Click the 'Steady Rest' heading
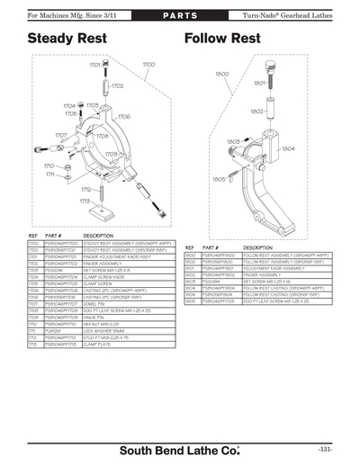pos(67,39)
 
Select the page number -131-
pos(324,450)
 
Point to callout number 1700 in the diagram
pos(148,64)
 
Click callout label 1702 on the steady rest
pos(117,86)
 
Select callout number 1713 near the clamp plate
pos(85,201)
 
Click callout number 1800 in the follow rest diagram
pos(221,74)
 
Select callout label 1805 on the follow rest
pos(219,179)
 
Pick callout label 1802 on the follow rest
pos(256,112)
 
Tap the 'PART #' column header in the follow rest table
pos(211,247)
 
